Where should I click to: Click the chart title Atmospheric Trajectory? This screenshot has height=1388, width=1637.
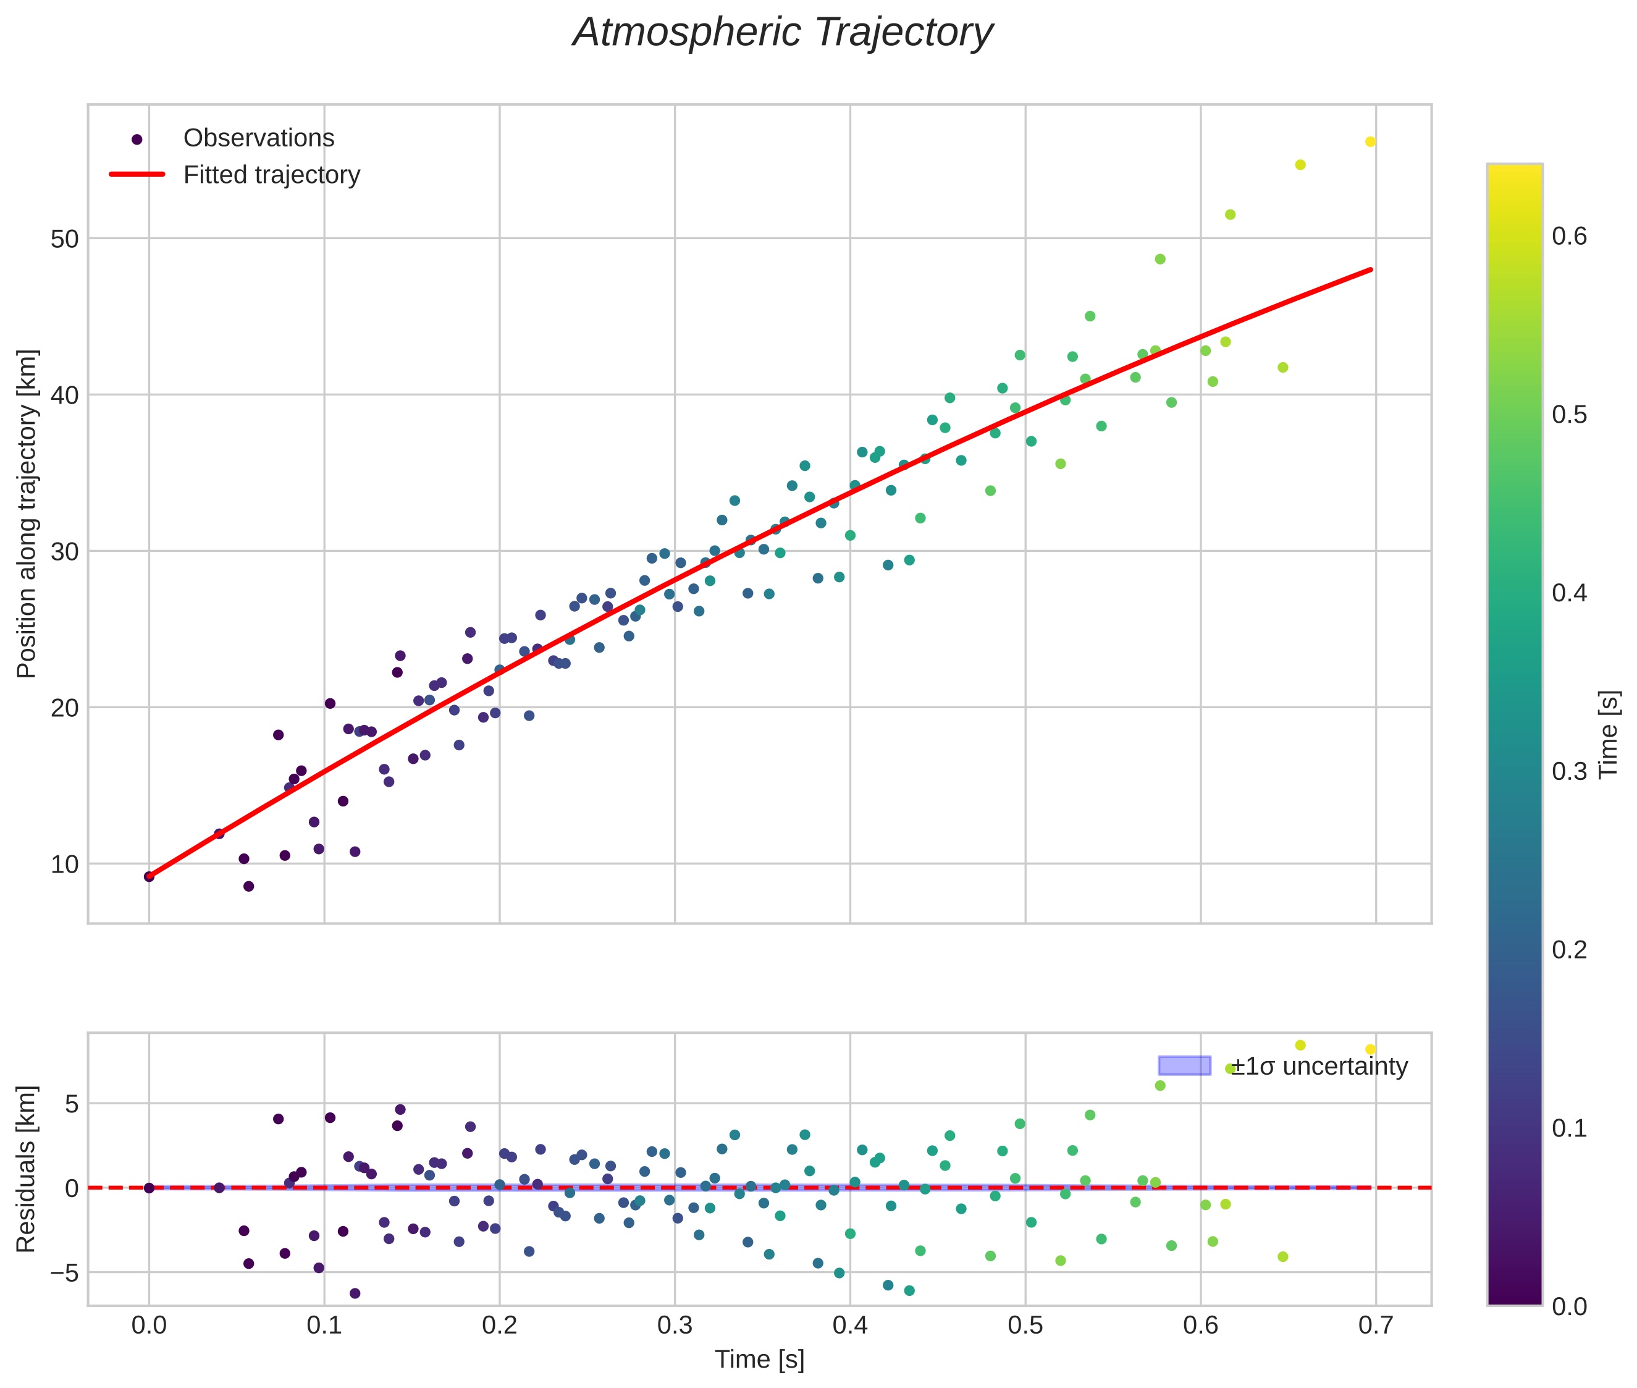[x=783, y=33]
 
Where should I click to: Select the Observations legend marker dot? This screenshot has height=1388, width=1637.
[x=137, y=139]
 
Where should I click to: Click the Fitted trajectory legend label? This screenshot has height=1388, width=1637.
[x=271, y=175]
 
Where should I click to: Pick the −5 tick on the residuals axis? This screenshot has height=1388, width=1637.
[x=61, y=1272]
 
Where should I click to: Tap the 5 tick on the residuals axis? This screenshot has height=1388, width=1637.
[x=72, y=1104]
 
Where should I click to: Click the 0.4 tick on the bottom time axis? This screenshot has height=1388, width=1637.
[x=849, y=1325]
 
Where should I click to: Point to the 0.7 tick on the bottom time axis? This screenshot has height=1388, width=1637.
[x=1375, y=1325]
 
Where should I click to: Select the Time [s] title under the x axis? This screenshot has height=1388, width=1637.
[x=759, y=1360]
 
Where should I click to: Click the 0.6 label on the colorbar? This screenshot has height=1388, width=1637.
[x=1568, y=236]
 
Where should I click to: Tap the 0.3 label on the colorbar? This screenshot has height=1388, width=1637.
[x=1568, y=771]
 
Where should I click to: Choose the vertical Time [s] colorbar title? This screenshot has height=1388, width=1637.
[x=1609, y=734]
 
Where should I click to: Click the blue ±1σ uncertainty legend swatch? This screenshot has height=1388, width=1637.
[x=1184, y=1066]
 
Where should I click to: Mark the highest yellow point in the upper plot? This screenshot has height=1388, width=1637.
[x=1370, y=142]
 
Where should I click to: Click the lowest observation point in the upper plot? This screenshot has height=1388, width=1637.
[x=248, y=886]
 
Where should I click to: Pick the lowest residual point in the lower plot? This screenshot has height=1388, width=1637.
[x=355, y=1293]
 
